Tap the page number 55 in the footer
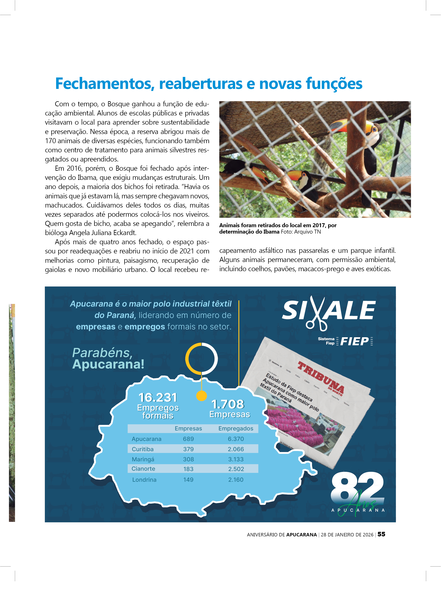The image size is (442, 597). point(382,534)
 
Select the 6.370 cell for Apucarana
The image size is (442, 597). point(236,439)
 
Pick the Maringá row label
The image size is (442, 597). point(143,459)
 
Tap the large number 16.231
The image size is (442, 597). point(158,398)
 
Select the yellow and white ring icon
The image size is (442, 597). point(202,359)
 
